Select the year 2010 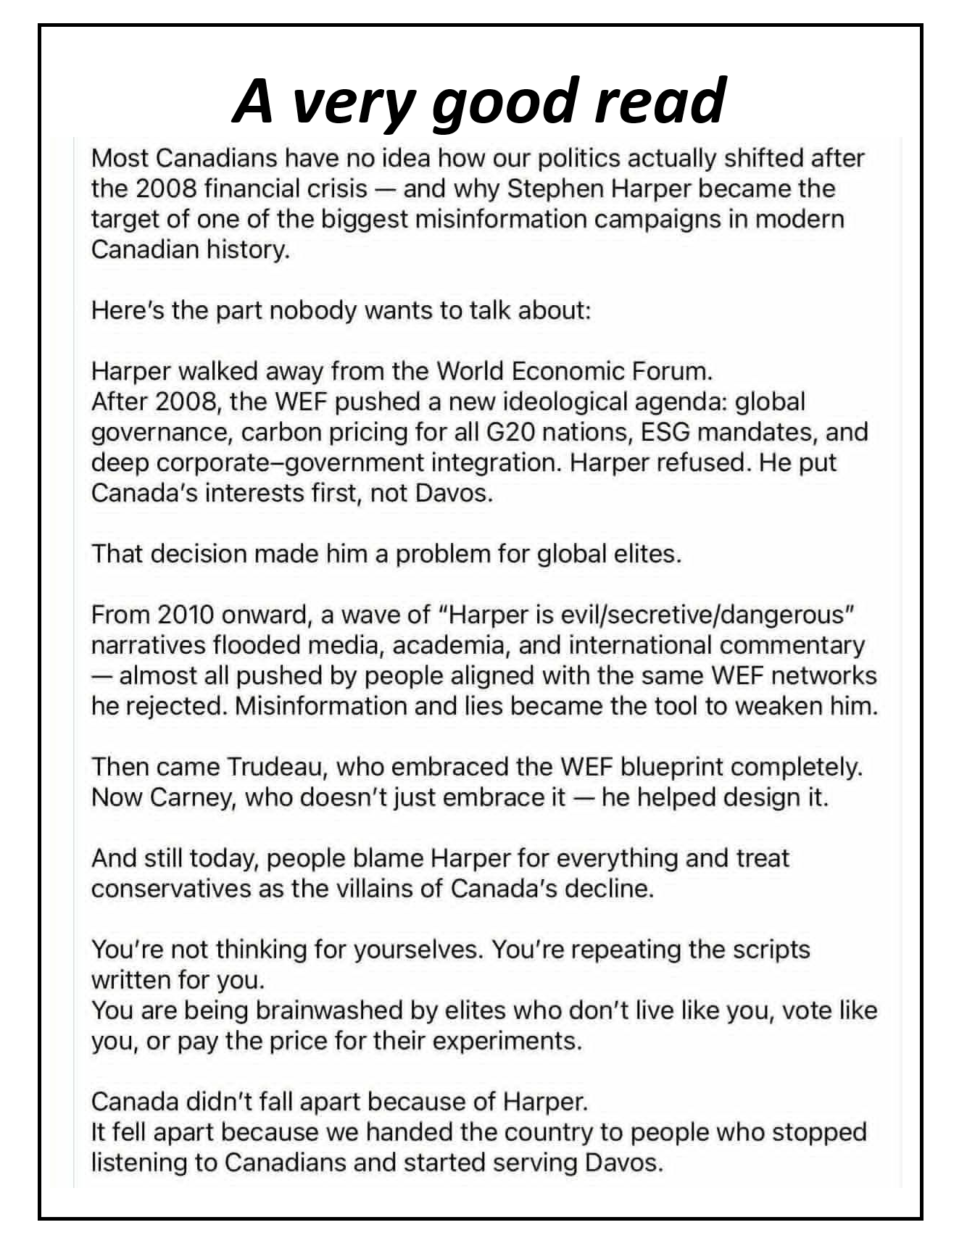pyautogui.click(x=186, y=615)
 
